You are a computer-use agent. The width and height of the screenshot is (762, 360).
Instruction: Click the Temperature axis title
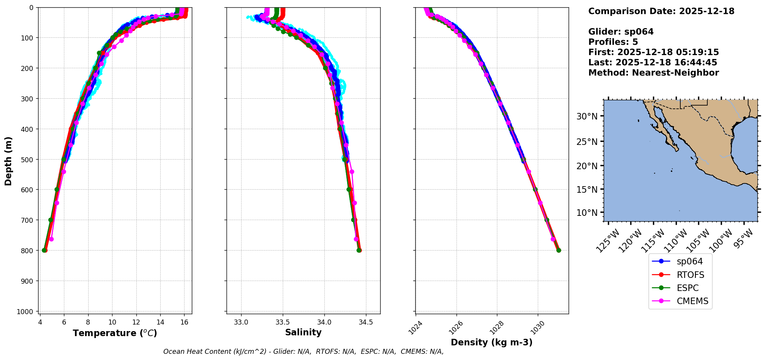[x=115, y=333]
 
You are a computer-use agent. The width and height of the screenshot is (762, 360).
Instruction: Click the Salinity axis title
[x=303, y=332]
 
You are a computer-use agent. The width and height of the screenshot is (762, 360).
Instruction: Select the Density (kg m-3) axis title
[x=492, y=342]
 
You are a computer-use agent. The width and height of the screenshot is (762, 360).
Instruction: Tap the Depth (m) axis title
[x=8, y=161]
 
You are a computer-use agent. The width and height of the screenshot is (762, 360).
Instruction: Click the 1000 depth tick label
[x=27, y=311]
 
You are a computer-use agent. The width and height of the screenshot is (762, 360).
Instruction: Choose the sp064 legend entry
[x=689, y=261]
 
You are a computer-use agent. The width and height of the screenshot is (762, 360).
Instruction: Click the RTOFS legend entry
[x=690, y=275]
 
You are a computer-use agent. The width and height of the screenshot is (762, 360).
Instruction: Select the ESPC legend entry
[x=687, y=288]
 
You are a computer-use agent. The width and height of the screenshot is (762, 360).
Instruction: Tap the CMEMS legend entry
[x=692, y=301]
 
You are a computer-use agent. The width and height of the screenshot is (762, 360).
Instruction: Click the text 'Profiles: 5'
[x=613, y=42]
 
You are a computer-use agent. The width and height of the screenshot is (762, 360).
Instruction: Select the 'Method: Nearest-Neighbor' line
[x=653, y=73]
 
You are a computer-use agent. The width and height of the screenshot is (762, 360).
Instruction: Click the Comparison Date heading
[x=661, y=11]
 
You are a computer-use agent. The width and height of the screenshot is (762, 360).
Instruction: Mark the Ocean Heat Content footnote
[x=303, y=352]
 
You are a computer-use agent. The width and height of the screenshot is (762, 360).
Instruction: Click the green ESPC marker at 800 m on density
[x=559, y=251]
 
